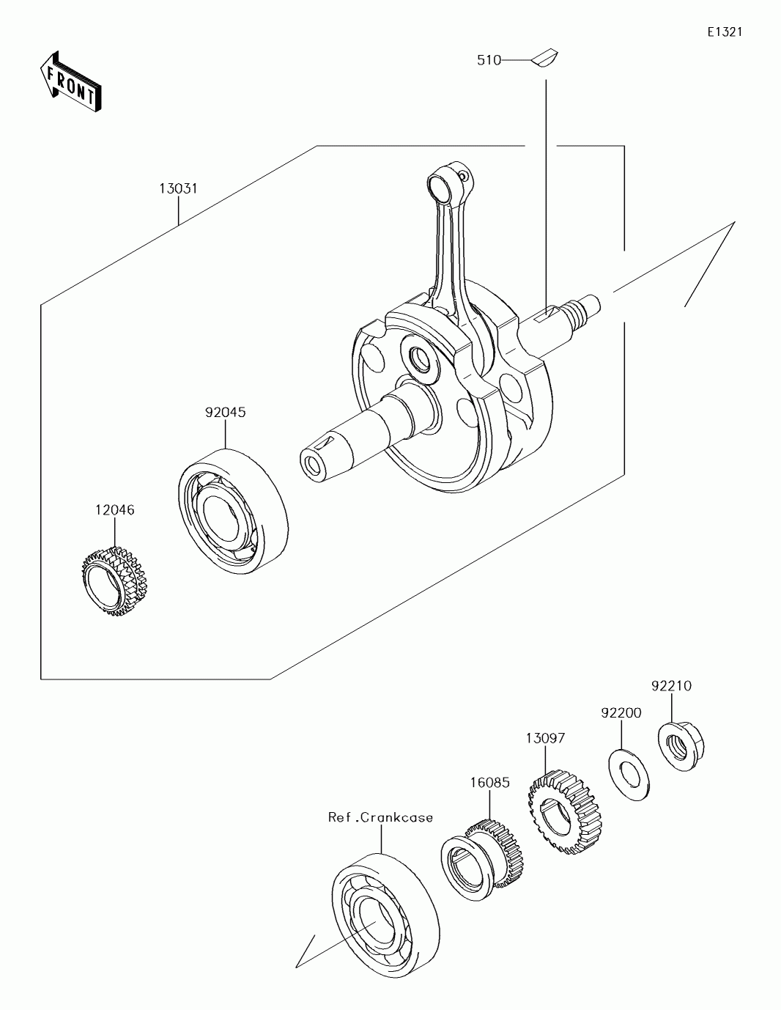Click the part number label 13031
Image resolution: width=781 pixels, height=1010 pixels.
pos(178,188)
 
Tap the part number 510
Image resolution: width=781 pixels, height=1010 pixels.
pos(489,61)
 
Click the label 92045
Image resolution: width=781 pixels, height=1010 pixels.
pos(225,413)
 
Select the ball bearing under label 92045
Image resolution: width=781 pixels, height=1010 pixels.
pos(234,509)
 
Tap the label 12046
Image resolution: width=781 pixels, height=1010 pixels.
pos(114,509)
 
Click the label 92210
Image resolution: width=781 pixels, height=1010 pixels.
pos(671,686)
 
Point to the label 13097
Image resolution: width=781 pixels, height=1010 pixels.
pos(544,738)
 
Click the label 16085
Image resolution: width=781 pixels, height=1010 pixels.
pos(489,782)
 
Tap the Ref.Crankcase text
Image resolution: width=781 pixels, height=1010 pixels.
pos(380,817)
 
